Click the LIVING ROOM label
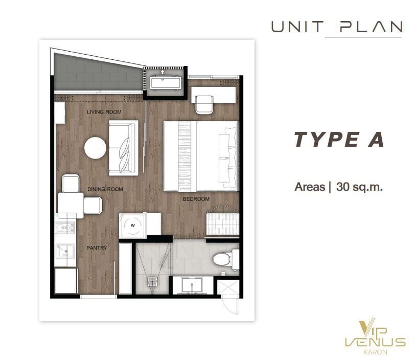click(x=104, y=112)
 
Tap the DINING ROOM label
click(x=105, y=189)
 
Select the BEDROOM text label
click(x=196, y=199)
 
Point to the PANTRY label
click(x=97, y=247)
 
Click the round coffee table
click(x=95, y=148)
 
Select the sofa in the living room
click(x=124, y=148)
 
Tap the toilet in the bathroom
click(x=222, y=259)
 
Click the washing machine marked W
click(x=133, y=226)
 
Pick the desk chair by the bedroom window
click(x=204, y=105)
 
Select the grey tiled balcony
click(x=97, y=73)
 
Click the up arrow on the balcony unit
click(x=163, y=72)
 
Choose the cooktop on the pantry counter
click(x=65, y=228)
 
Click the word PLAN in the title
click(x=371, y=27)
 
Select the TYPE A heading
click(x=339, y=140)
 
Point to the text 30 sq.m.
click(x=359, y=187)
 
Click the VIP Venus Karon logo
click(x=375, y=336)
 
